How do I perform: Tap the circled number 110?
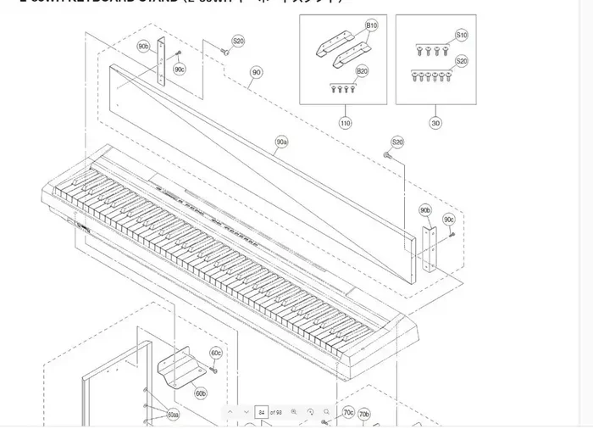345,123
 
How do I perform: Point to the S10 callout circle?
461,36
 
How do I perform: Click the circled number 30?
435,123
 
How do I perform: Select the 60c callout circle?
216,353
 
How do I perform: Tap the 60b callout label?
200,393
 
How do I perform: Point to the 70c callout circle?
348,413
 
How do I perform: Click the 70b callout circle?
364,414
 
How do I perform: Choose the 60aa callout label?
173,415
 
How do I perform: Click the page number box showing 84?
262,411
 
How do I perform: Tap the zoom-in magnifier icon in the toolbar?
293,411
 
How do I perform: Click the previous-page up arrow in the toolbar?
231,411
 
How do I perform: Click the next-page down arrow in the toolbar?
246,411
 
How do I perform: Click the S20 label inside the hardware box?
461,61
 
